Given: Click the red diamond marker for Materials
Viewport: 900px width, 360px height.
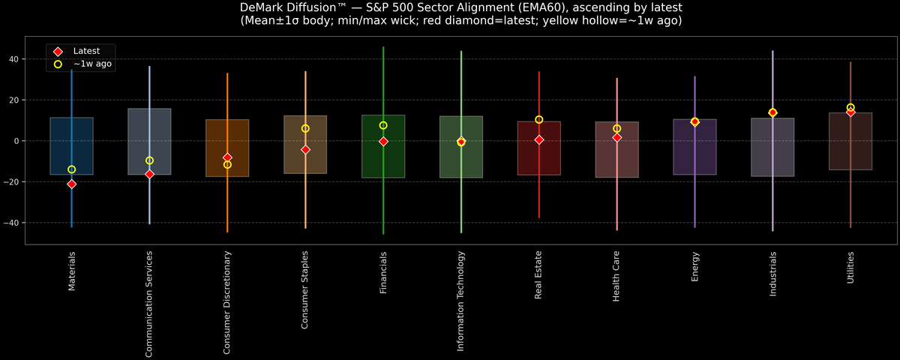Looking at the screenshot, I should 71,184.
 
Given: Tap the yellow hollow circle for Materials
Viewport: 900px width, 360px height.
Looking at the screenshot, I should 71,169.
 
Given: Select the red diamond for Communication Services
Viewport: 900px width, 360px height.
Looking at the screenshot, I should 149,174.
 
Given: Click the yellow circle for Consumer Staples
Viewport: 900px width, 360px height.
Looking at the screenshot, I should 305,128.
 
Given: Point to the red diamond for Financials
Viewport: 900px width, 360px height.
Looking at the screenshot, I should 383,141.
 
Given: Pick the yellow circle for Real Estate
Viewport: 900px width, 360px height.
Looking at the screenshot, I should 538,119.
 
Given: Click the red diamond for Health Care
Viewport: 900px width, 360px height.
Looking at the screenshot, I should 616,137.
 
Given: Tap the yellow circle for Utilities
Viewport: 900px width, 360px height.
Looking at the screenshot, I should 850,107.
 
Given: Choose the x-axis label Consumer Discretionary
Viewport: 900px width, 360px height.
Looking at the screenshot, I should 227,302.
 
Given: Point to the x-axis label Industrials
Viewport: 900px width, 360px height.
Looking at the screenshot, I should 773,274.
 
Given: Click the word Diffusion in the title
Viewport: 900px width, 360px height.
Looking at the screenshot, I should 315,7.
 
